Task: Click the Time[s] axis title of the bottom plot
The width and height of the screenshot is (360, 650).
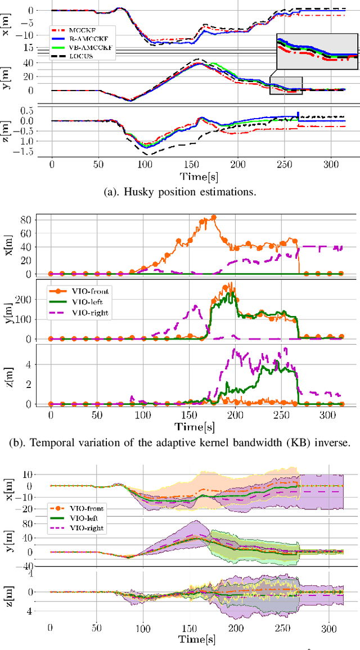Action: [x=196, y=639]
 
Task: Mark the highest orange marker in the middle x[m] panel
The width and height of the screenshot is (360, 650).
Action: [x=213, y=217]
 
